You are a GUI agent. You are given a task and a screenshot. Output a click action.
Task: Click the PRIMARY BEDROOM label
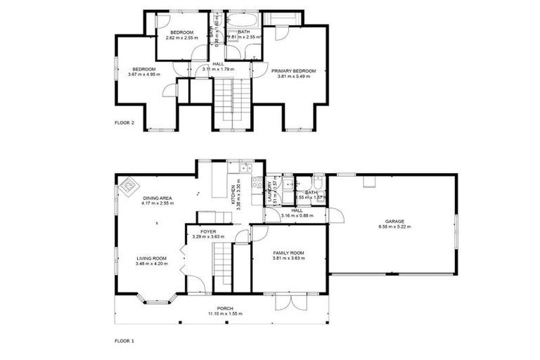(295, 71)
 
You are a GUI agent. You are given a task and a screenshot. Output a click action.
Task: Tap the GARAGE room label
(394, 221)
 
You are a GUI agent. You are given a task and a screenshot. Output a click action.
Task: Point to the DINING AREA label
(157, 198)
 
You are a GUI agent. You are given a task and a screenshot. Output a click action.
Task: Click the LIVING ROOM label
(150, 258)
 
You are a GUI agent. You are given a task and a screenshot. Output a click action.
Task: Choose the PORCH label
(225, 308)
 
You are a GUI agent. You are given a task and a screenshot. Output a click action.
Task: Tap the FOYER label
(207, 231)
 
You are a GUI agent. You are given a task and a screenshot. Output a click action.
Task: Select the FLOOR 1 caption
(124, 340)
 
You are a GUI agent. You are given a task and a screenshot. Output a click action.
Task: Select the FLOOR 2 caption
(124, 122)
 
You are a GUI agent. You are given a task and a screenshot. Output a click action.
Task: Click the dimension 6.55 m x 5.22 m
(394, 227)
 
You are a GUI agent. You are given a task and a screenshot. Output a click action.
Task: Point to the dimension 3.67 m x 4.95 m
(142, 75)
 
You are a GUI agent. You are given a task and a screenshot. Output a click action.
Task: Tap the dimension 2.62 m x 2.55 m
(182, 37)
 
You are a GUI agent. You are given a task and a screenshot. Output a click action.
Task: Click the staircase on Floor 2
(233, 98)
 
